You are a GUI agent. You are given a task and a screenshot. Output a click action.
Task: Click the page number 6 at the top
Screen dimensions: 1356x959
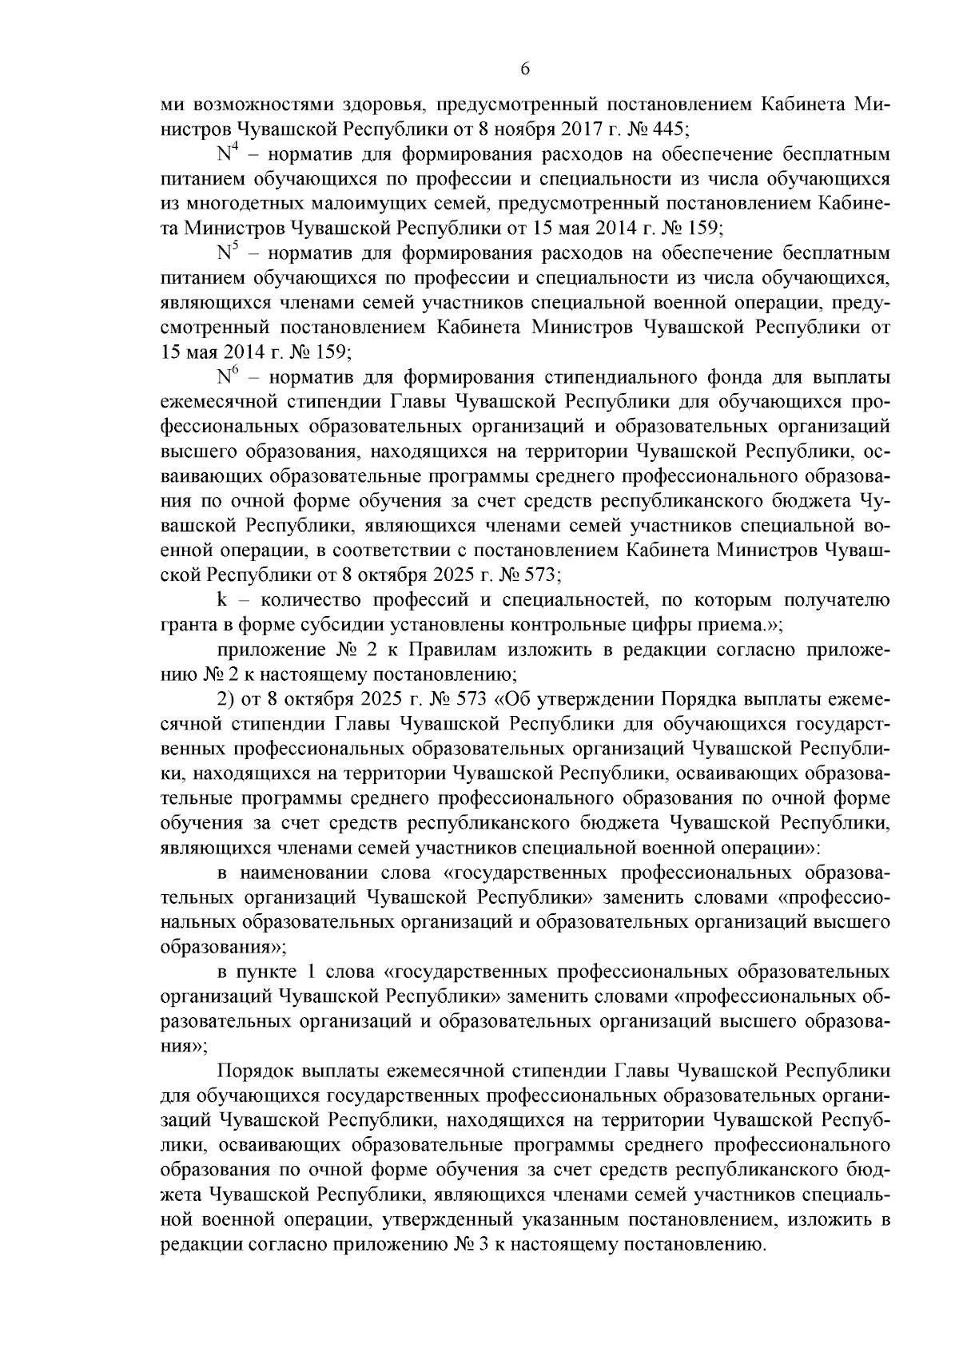(x=525, y=70)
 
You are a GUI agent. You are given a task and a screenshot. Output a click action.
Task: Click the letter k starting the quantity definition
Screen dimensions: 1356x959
(x=221, y=601)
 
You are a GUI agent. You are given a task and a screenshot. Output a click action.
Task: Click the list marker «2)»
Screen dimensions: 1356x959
(x=225, y=700)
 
